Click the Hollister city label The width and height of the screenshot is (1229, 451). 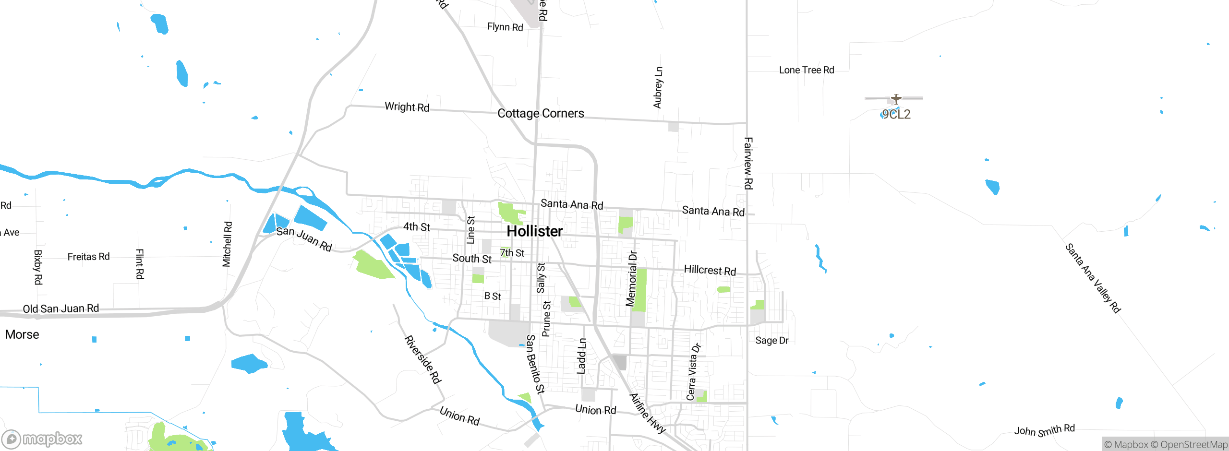[x=534, y=231]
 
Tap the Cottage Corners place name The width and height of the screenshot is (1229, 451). [x=541, y=113]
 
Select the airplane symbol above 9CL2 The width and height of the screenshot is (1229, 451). [x=896, y=99]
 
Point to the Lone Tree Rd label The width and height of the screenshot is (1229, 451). [x=807, y=70]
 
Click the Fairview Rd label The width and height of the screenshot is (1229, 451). [x=748, y=163]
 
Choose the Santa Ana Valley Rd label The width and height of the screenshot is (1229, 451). [x=1093, y=278]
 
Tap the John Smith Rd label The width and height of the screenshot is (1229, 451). [x=1044, y=430]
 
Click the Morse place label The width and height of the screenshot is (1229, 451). [x=22, y=334]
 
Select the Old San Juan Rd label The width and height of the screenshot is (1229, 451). [x=61, y=309]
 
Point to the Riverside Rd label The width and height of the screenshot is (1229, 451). [x=422, y=360]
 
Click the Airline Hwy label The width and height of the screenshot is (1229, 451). [x=647, y=413]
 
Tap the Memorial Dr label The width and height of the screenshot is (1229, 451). [x=631, y=278]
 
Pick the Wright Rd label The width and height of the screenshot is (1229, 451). [x=407, y=107]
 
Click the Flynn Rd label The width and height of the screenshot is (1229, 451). [x=505, y=27]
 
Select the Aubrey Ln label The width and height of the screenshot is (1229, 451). [x=658, y=87]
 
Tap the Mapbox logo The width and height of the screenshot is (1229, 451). [x=42, y=439]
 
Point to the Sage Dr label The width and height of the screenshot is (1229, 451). [x=771, y=341]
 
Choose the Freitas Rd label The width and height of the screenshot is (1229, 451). [x=88, y=257]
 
